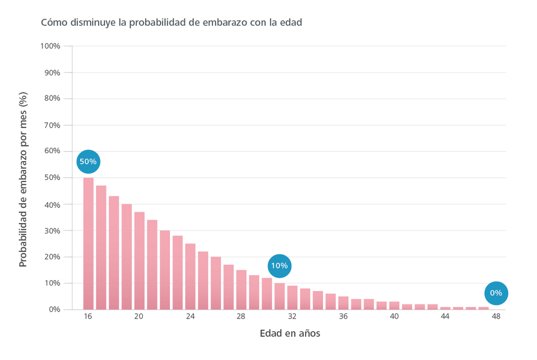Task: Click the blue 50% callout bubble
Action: [x=88, y=162]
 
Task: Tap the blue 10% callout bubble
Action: [x=279, y=266]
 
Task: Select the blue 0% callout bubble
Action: [x=496, y=293]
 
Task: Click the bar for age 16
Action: [x=88, y=243]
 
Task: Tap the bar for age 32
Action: [x=292, y=298]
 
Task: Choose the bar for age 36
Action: [x=343, y=303]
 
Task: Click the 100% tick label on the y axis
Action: [x=50, y=46]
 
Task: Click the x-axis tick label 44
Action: [x=445, y=317]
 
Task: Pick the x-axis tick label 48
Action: [x=496, y=317]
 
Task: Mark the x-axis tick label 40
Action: [x=394, y=317]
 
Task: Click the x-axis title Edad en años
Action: [x=289, y=334]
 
